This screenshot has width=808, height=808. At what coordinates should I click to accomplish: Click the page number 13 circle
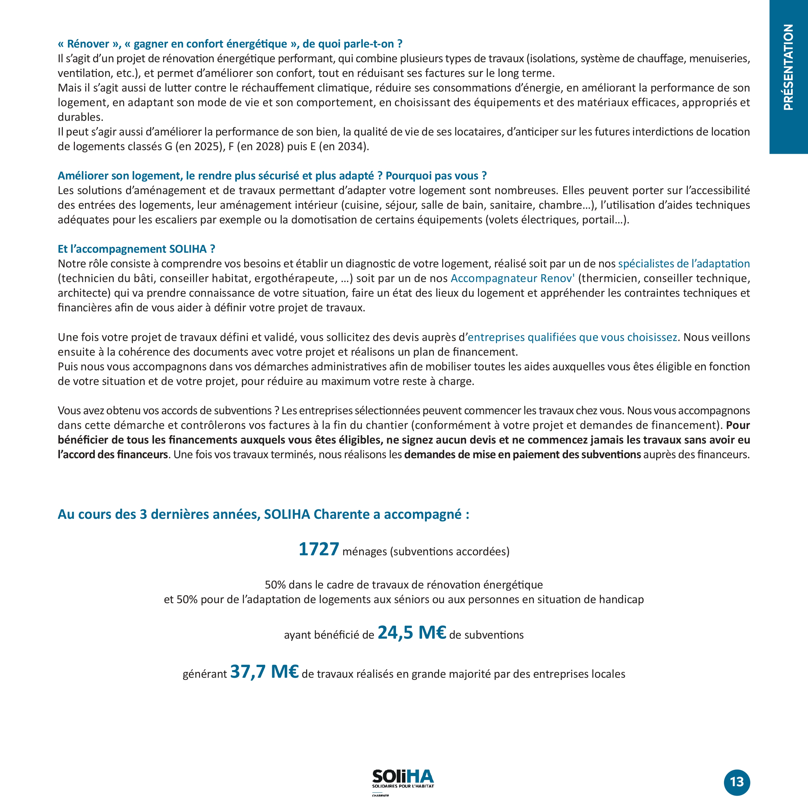pyautogui.click(x=737, y=782)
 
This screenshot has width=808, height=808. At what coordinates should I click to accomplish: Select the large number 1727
pyautogui.click(x=319, y=549)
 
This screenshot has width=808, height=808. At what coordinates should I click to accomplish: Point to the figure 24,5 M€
pyautogui.click(x=412, y=633)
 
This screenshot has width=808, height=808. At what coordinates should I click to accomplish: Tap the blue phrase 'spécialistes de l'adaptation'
pyautogui.click(x=684, y=264)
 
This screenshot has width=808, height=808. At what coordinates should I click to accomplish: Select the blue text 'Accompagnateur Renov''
pyautogui.click(x=512, y=278)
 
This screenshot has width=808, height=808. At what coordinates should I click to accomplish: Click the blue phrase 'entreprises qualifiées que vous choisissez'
pyautogui.click(x=572, y=337)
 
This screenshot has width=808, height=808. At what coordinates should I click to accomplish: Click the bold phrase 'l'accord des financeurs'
pyautogui.click(x=113, y=455)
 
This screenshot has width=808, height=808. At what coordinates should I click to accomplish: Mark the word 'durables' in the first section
pyautogui.click(x=79, y=117)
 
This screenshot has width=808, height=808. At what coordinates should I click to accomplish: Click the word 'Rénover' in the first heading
pyautogui.click(x=88, y=44)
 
